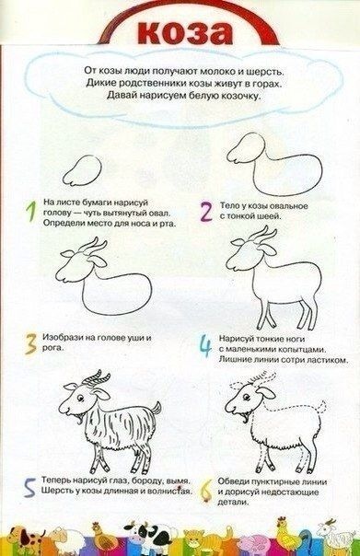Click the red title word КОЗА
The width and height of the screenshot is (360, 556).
[x=184, y=33]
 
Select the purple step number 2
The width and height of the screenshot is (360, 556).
[x=206, y=213]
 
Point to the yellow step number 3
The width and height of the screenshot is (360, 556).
[x=30, y=343]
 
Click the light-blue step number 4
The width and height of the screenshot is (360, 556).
[x=205, y=346]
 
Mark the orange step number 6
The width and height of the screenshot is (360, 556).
[x=206, y=491]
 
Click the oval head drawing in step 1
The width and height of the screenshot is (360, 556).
[x=82, y=171]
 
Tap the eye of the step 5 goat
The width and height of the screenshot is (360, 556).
[x=81, y=399]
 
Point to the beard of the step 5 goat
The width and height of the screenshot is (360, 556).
[x=80, y=420]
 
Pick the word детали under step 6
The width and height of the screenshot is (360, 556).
[x=232, y=503]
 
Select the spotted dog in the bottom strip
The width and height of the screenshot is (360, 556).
[x=26, y=539]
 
